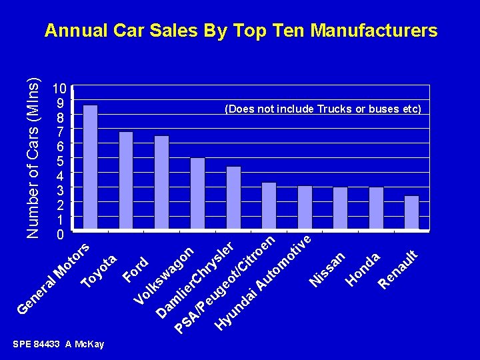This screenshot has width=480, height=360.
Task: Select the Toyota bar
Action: pyautogui.click(x=126, y=181)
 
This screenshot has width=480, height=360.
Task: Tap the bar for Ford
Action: pyautogui.click(x=162, y=183)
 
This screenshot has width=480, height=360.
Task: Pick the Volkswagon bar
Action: pyautogui.click(x=197, y=194)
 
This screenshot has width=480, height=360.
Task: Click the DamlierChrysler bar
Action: pyautogui.click(x=233, y=198)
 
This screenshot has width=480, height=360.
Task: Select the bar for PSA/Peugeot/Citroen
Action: pyautogui.click(x=269, y=206)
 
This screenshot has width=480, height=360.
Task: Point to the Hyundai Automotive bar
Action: pyautogui.click(x=305, y=208)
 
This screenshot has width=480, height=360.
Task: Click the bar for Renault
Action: pyautogui.click(x=411, y=213)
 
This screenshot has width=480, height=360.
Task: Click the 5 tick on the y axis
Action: pyautogui.click(x=59, y=161)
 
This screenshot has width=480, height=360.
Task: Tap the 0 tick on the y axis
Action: pyautogui.click(x=59, y=235)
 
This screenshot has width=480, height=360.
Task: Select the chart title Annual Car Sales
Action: pyautogui.click(x=241, y=31)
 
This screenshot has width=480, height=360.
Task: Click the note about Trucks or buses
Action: pyautogui.click(x=323, y=109)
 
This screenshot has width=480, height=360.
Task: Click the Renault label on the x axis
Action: pyautogui.click(x=398, y=269)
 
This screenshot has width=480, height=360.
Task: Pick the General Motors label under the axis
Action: pyautogui.click(x=53, y=280)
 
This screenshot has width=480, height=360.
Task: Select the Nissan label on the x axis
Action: pyautogui.click(x=327, y=269)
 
